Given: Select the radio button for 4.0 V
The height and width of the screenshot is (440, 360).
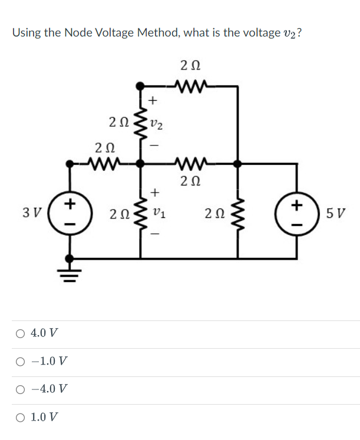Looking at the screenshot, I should (21, 333).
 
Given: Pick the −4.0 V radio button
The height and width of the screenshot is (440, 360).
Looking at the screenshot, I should (21, 389).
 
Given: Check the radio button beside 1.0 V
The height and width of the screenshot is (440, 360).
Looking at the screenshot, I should (21, 417).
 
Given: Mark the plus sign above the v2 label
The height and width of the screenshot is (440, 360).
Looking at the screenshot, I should (152, 101).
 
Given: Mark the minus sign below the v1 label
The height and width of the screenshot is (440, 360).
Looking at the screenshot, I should (156, 234).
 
